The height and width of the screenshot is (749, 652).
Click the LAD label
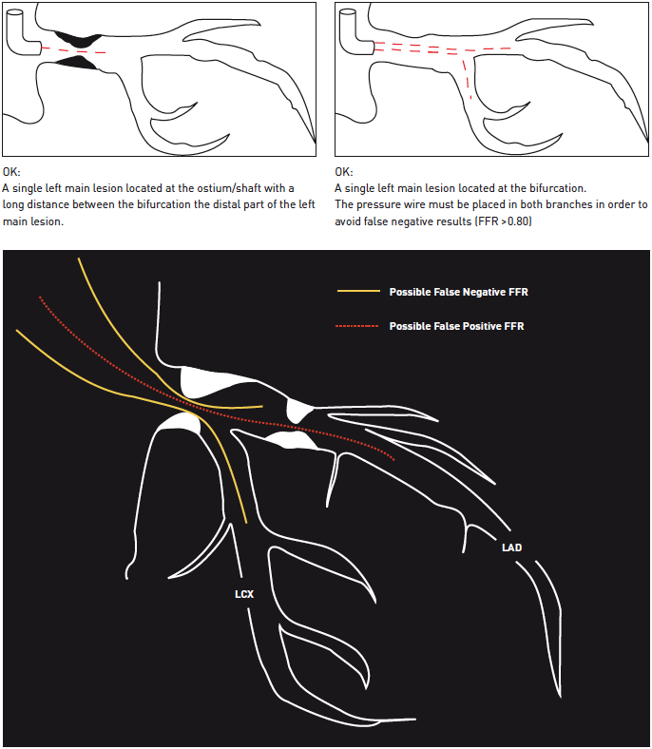tap(511, 547)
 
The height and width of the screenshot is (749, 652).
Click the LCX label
tap(244, 594)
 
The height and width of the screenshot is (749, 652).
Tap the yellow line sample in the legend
tap(358, 291)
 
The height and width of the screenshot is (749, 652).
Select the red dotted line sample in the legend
tap(357, 326)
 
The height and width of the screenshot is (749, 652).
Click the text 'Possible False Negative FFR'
tap(458, 292)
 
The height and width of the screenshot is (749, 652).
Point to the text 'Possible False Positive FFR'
tap(456, 326)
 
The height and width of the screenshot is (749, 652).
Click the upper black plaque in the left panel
tap(79, 39)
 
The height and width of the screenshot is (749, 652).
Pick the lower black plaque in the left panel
tap(76, 63)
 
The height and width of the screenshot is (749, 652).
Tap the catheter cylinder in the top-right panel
tap(355, 34)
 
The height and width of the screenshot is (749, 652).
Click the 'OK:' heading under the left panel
tap(11, 172)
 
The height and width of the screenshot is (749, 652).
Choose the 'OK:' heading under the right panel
tap(344, 172)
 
